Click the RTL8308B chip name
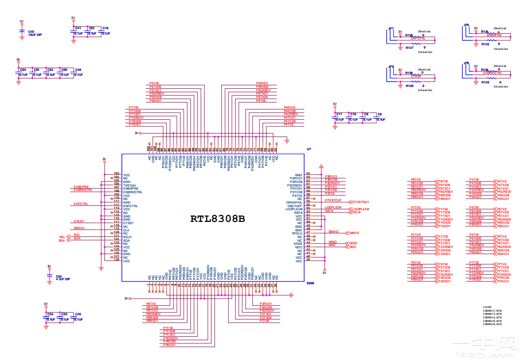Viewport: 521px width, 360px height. pyautogui.click(x=218, y=219)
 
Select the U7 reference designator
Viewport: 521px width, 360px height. pyautogui.click(x=309, y=149)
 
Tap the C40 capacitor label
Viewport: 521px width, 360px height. pyautogui.click(x=31, y=32)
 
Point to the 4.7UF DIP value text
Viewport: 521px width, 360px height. pyautogui.click(x=63, y=279)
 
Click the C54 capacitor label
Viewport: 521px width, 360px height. pyautogui.click(x=58, y=276)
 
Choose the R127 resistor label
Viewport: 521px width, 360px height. pyautogui.click(x=409, y=48)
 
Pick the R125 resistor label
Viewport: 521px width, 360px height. pyautogui.click(x=485, y=44)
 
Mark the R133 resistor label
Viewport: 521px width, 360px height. pyautogui.click(x=485, y=82)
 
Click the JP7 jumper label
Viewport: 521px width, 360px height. pyautogui.click(x=391, y=29)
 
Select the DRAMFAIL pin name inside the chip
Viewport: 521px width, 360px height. pyautogui.click(x=294, y=203)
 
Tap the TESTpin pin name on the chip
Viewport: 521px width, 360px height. pyautogui.click(x=129, y=185)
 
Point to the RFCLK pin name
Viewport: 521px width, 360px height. pyautogui.click(x=297, y=233)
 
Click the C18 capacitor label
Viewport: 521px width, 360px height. pyautogui.click(x=105, y=28)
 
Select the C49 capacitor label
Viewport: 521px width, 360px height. pyautogui.click(x=78, y=70)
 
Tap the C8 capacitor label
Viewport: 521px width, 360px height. pyautogui.click(x=380, y=114)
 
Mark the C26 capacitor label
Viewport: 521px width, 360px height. pyautogui.click(x=78, y=314)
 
